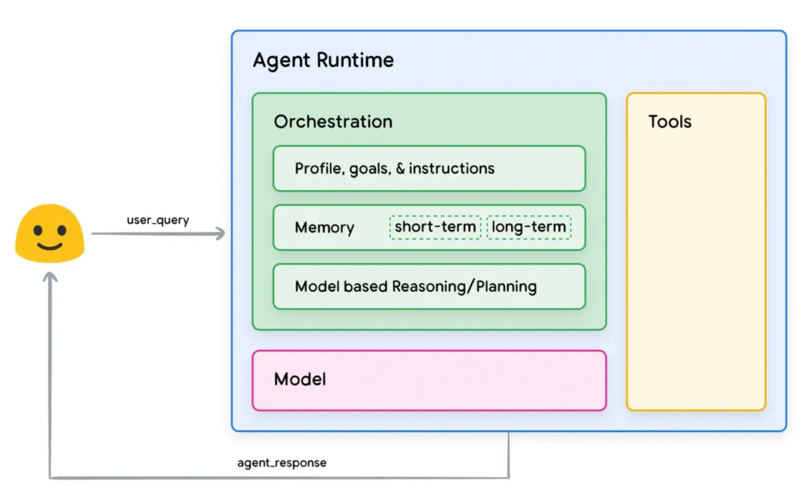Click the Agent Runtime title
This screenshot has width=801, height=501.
(323, 61)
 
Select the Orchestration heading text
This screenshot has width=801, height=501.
(332, 122)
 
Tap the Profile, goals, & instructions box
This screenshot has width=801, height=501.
(429, 168)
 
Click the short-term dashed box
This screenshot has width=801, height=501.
(436, 228)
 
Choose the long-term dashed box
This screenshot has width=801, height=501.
(529, 228)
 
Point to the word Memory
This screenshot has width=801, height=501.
(324, 228)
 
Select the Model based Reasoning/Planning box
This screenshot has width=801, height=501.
(429, 286)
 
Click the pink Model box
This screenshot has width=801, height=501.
(429, 380)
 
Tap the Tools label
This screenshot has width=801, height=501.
(670, 122)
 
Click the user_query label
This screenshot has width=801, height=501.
(158, 220)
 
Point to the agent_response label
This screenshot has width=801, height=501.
(282, 463)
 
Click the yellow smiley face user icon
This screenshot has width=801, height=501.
(50, 232)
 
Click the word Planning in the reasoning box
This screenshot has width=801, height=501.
(506, 286)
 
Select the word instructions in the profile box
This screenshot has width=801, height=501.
(452, 168)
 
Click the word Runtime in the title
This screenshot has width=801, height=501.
(356, 61)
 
